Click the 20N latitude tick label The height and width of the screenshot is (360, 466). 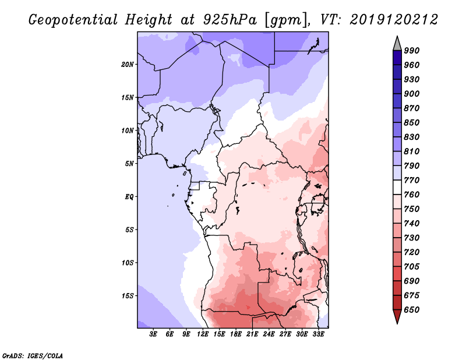point(128,65)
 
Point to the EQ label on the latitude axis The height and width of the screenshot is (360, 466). point(129,197)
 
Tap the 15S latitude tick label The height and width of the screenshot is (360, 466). point(128,296)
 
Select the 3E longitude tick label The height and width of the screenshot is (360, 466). point(153,334)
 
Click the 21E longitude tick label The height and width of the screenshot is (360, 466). point(252,334)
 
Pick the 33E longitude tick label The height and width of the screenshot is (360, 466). point(318,334)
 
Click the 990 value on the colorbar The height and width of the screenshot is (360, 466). point(412,51)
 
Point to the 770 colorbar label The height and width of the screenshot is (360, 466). point(412,180)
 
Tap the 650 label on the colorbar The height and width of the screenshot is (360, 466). point(412,310)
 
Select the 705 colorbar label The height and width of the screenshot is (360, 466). point(412,267)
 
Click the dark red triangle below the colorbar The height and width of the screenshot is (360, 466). point(397,316)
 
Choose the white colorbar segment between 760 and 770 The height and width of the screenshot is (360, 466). point(397,188)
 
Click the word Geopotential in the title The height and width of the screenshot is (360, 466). point(73,20)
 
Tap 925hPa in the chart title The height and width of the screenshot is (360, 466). point(230,20)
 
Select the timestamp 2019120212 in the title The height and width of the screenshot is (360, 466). point(394,20)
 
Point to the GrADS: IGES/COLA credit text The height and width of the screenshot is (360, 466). point(33,356)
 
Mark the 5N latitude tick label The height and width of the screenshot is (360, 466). point(129,164)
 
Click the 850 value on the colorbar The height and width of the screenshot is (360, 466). point(412,122)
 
